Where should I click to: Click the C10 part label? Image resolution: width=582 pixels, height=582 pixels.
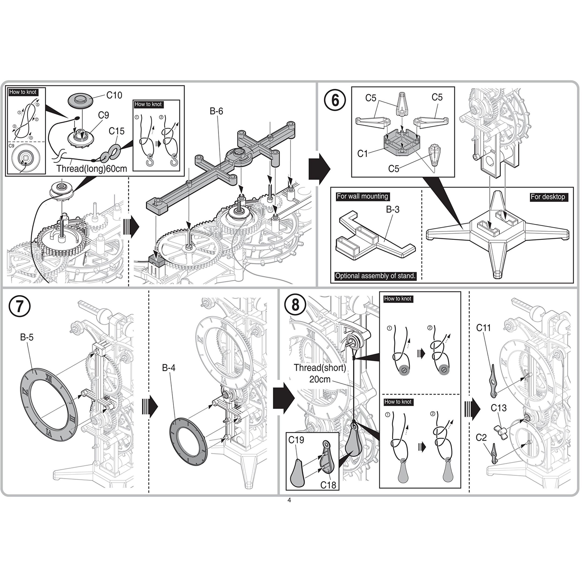[114, 95]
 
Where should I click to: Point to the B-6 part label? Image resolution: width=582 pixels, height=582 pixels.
[216, 111]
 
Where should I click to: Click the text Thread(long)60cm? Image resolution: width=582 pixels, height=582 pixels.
[91, 168]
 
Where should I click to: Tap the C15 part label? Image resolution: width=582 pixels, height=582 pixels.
[117, 131]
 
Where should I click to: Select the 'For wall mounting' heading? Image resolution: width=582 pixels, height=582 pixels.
[362, 196]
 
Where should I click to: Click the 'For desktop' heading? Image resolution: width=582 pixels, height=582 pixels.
[548, 197]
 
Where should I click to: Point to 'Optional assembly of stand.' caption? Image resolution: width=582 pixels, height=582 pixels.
[375, 276]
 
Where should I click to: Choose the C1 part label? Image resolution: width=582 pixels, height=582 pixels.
[363, 154]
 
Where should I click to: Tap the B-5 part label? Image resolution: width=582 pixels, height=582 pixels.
[27, 337]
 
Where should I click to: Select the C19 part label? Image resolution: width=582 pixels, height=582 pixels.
[296, 440]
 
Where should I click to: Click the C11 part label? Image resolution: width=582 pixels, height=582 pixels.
[483, 328]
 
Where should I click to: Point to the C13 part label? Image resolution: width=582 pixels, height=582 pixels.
[498, 408]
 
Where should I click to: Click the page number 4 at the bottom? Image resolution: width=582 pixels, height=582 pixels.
[289, 500]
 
